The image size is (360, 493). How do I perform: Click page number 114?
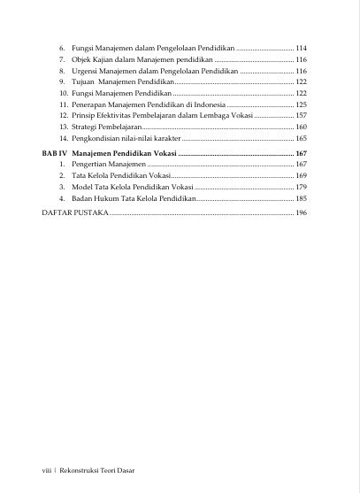(x=301, y=47)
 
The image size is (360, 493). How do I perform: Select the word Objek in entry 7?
(x=82, y=58)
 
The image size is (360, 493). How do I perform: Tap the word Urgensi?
(x=86, y=70)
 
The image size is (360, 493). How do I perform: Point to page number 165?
(x=301, y=139)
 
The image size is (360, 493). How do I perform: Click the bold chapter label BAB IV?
(x=55, y=153)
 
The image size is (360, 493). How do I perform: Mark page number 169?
(x=301, y=176)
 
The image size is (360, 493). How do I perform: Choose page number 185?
(x=301, y=199)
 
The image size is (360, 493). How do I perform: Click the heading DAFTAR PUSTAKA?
(x=75, y=213)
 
